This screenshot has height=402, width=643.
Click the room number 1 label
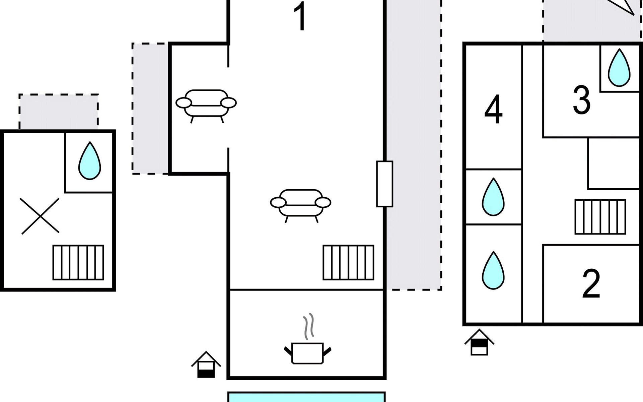301,16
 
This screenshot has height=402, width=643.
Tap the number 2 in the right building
591,283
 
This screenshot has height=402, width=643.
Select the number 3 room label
582,100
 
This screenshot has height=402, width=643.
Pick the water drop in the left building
89,161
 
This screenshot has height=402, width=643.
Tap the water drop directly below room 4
493,197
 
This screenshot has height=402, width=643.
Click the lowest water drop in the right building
493,270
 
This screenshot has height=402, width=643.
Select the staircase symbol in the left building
78,263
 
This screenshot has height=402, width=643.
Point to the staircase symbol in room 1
348,263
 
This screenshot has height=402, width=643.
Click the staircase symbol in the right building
600,217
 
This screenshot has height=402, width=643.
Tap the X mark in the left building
40,216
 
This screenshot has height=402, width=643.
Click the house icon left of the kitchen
206,364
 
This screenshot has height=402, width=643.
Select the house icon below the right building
479,342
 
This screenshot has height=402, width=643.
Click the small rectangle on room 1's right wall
384,184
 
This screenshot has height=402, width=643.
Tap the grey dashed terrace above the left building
59,112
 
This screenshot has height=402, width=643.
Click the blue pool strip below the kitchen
306,397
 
